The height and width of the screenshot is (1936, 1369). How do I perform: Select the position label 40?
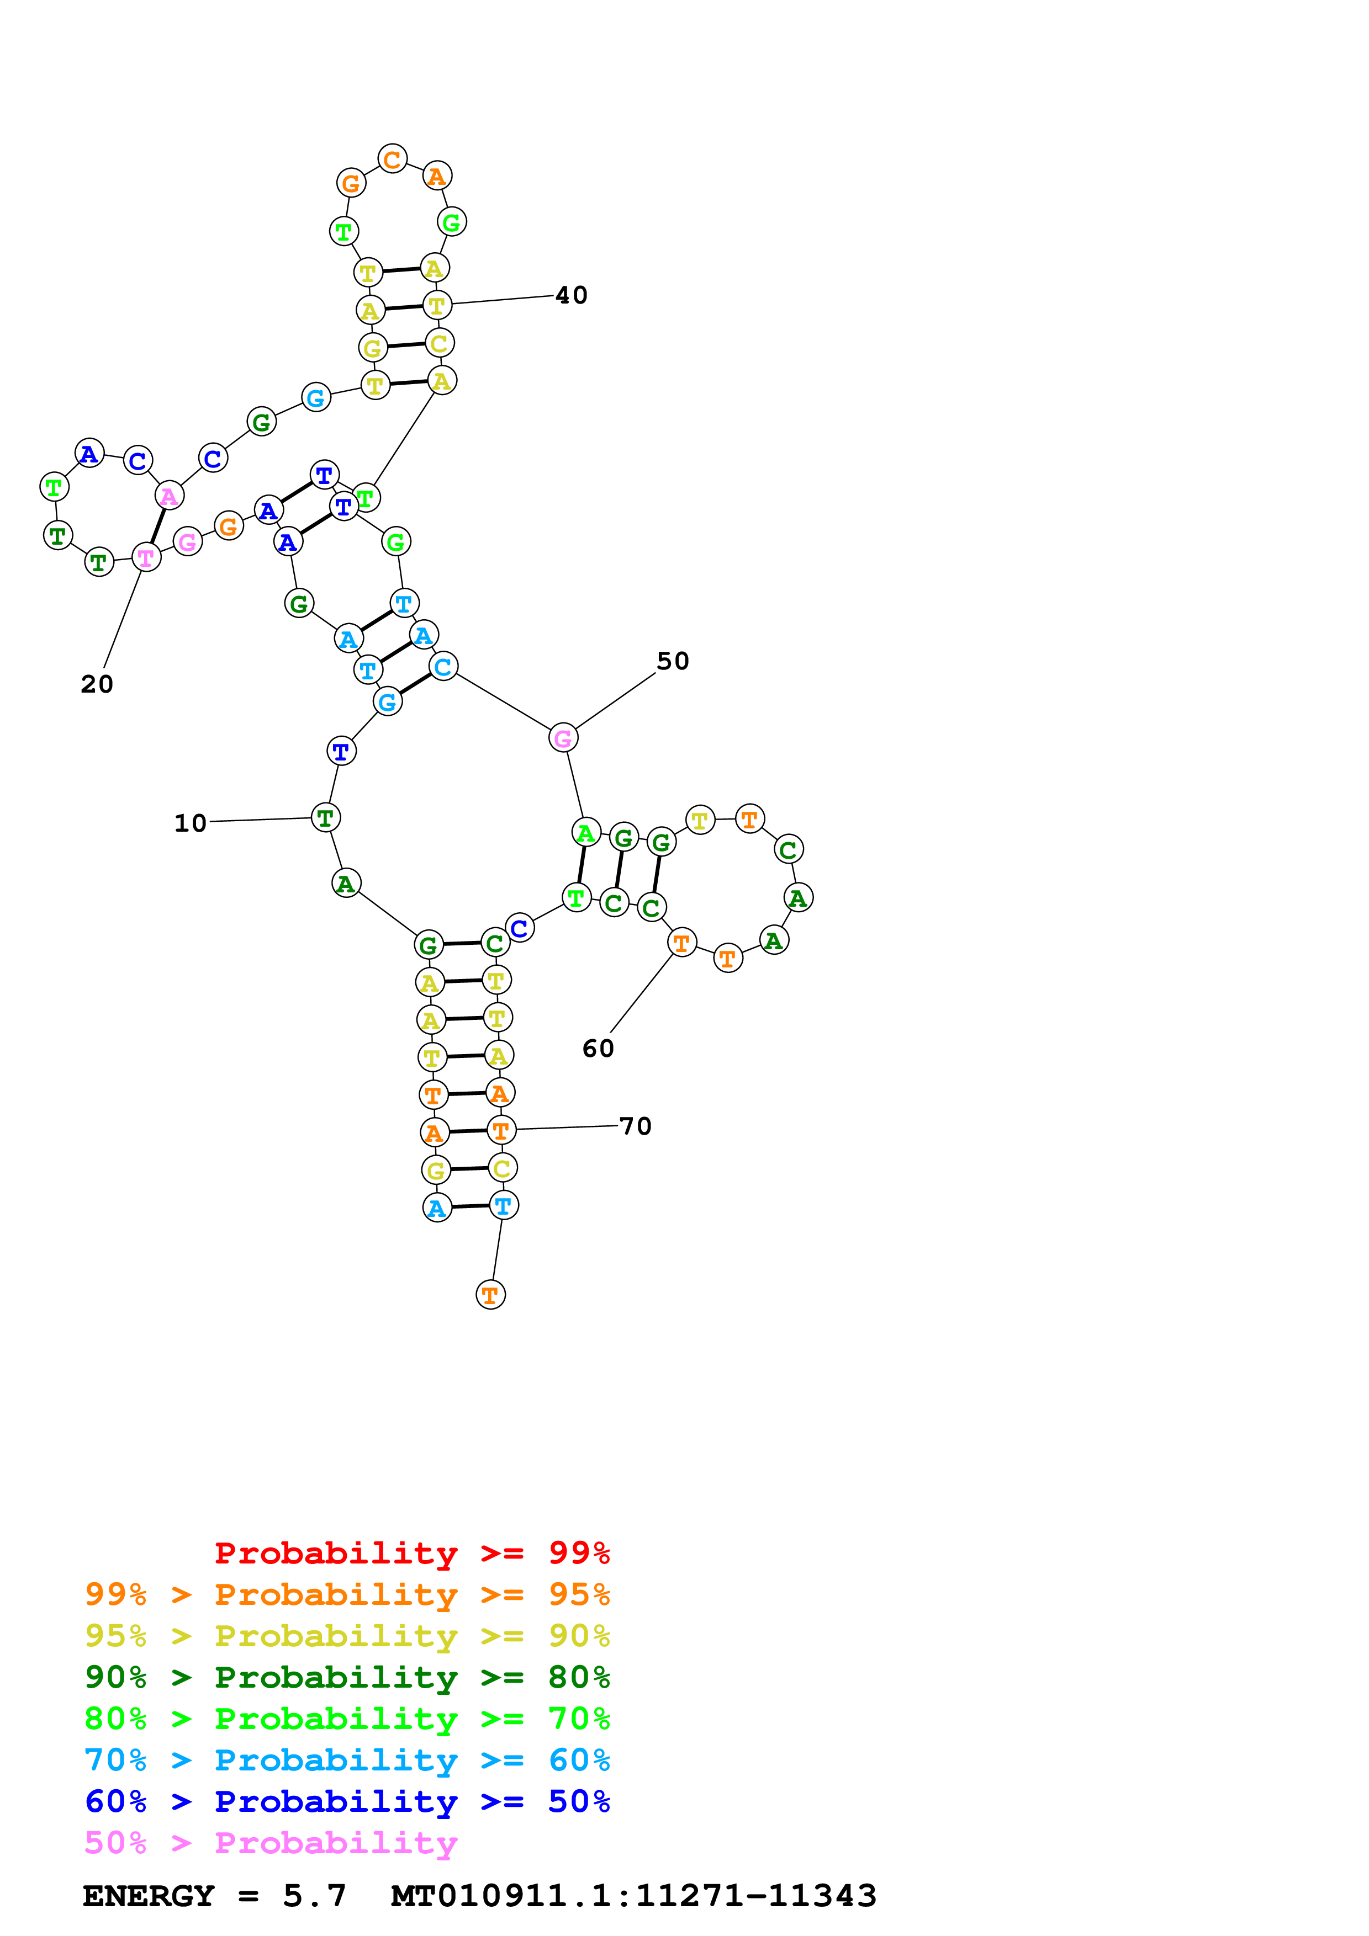coord(571,296)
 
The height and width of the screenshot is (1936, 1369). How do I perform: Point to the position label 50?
coord(672,662)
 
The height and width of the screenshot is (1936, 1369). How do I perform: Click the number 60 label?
coord(598,1049)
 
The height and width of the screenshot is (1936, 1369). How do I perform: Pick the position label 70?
coord(635,1126)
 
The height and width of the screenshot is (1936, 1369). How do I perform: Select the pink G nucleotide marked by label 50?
coord(563,738)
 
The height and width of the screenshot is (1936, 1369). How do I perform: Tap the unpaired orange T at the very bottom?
coord(490,1295)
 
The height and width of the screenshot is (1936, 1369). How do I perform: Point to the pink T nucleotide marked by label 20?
coord(146,557)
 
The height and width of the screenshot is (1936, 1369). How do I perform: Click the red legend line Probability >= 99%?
coord(411,1552)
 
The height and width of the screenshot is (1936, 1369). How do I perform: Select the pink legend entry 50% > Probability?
coord(271,1843)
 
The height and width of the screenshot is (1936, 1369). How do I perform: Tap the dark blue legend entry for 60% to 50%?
coord(347,1801)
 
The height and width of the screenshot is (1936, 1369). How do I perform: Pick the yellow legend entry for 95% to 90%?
coord(347,1636)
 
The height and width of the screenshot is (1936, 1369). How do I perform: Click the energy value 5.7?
coord(314,1896)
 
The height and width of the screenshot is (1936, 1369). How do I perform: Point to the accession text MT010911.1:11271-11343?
coord(633,1896)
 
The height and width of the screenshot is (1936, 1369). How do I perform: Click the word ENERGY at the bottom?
coord(149,1896)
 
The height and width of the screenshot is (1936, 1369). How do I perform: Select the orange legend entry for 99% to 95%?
coord(347,1594)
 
